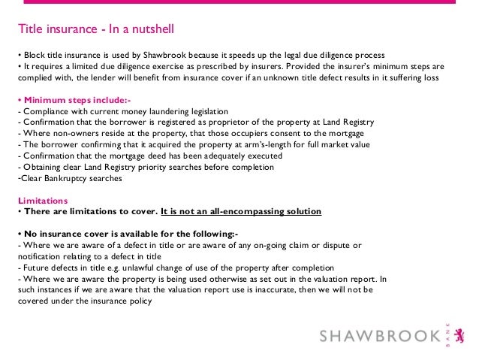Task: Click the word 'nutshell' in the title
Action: point(154,31)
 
